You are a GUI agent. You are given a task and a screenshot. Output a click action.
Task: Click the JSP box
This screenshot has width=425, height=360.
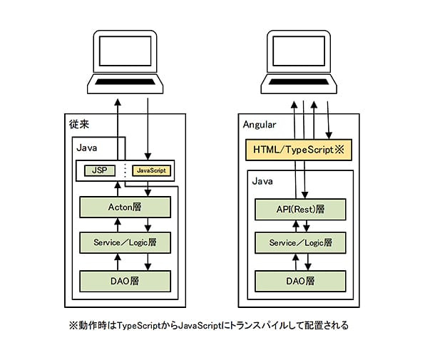click(100, 170)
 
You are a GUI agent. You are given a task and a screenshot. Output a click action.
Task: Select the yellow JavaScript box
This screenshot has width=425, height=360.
click(151, 170)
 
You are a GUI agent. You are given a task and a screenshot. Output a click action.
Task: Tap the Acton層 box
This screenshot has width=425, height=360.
click(125, 207)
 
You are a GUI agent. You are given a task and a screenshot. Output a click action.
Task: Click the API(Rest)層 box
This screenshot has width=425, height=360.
click(300, 209)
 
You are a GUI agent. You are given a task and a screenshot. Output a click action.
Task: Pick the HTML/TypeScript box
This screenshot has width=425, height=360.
click(299, 150)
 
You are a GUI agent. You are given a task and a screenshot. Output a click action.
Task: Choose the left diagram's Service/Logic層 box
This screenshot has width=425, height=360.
click(125, 242)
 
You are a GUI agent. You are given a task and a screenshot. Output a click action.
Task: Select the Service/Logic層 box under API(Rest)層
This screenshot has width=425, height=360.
click(300, 242)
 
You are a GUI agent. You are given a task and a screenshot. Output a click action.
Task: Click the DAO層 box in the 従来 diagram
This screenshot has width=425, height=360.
click(125, 281)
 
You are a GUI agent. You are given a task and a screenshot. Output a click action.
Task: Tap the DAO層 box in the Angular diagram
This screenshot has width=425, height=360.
click(300, 281)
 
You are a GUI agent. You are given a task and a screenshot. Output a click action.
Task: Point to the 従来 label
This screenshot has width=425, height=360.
click(79, 124)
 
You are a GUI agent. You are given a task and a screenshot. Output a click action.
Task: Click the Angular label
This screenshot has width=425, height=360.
click(260, 125)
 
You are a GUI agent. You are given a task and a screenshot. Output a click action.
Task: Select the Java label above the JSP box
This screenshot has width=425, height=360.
click(87, 148)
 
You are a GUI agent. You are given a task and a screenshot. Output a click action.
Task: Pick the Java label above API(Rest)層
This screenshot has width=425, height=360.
click(262, 181)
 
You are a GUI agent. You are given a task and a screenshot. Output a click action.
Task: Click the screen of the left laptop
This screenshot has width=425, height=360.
click(125, 51)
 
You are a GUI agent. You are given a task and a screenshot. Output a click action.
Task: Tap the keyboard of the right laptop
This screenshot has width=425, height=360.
click(298, 81)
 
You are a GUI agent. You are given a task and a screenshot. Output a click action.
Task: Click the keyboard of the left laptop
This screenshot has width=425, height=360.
click(125, 81)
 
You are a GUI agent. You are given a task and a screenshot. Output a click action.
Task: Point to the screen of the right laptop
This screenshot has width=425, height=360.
click(298, 51)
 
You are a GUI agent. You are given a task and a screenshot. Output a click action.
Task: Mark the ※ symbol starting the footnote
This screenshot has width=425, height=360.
click(73, 325)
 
